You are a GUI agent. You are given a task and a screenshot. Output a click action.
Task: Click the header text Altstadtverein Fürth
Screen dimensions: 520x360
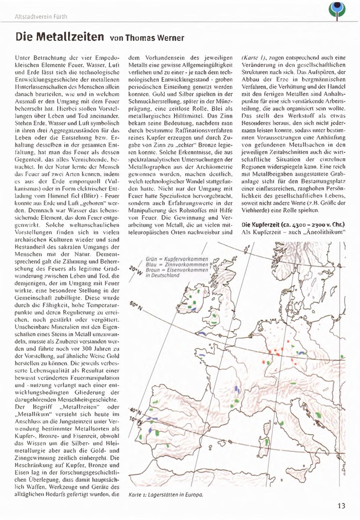pos(41,17)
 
